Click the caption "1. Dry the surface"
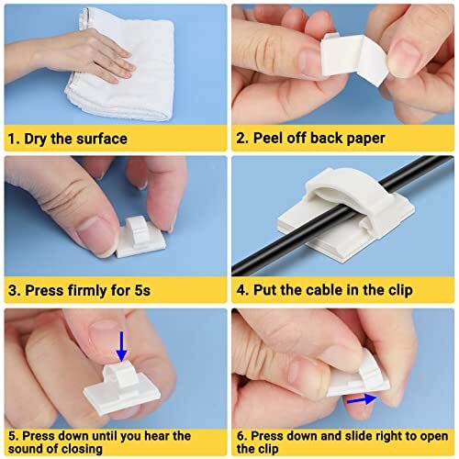pyautogui.click(x=69, y=139)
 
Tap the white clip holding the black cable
pyautogui.click(x=340, y=216)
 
